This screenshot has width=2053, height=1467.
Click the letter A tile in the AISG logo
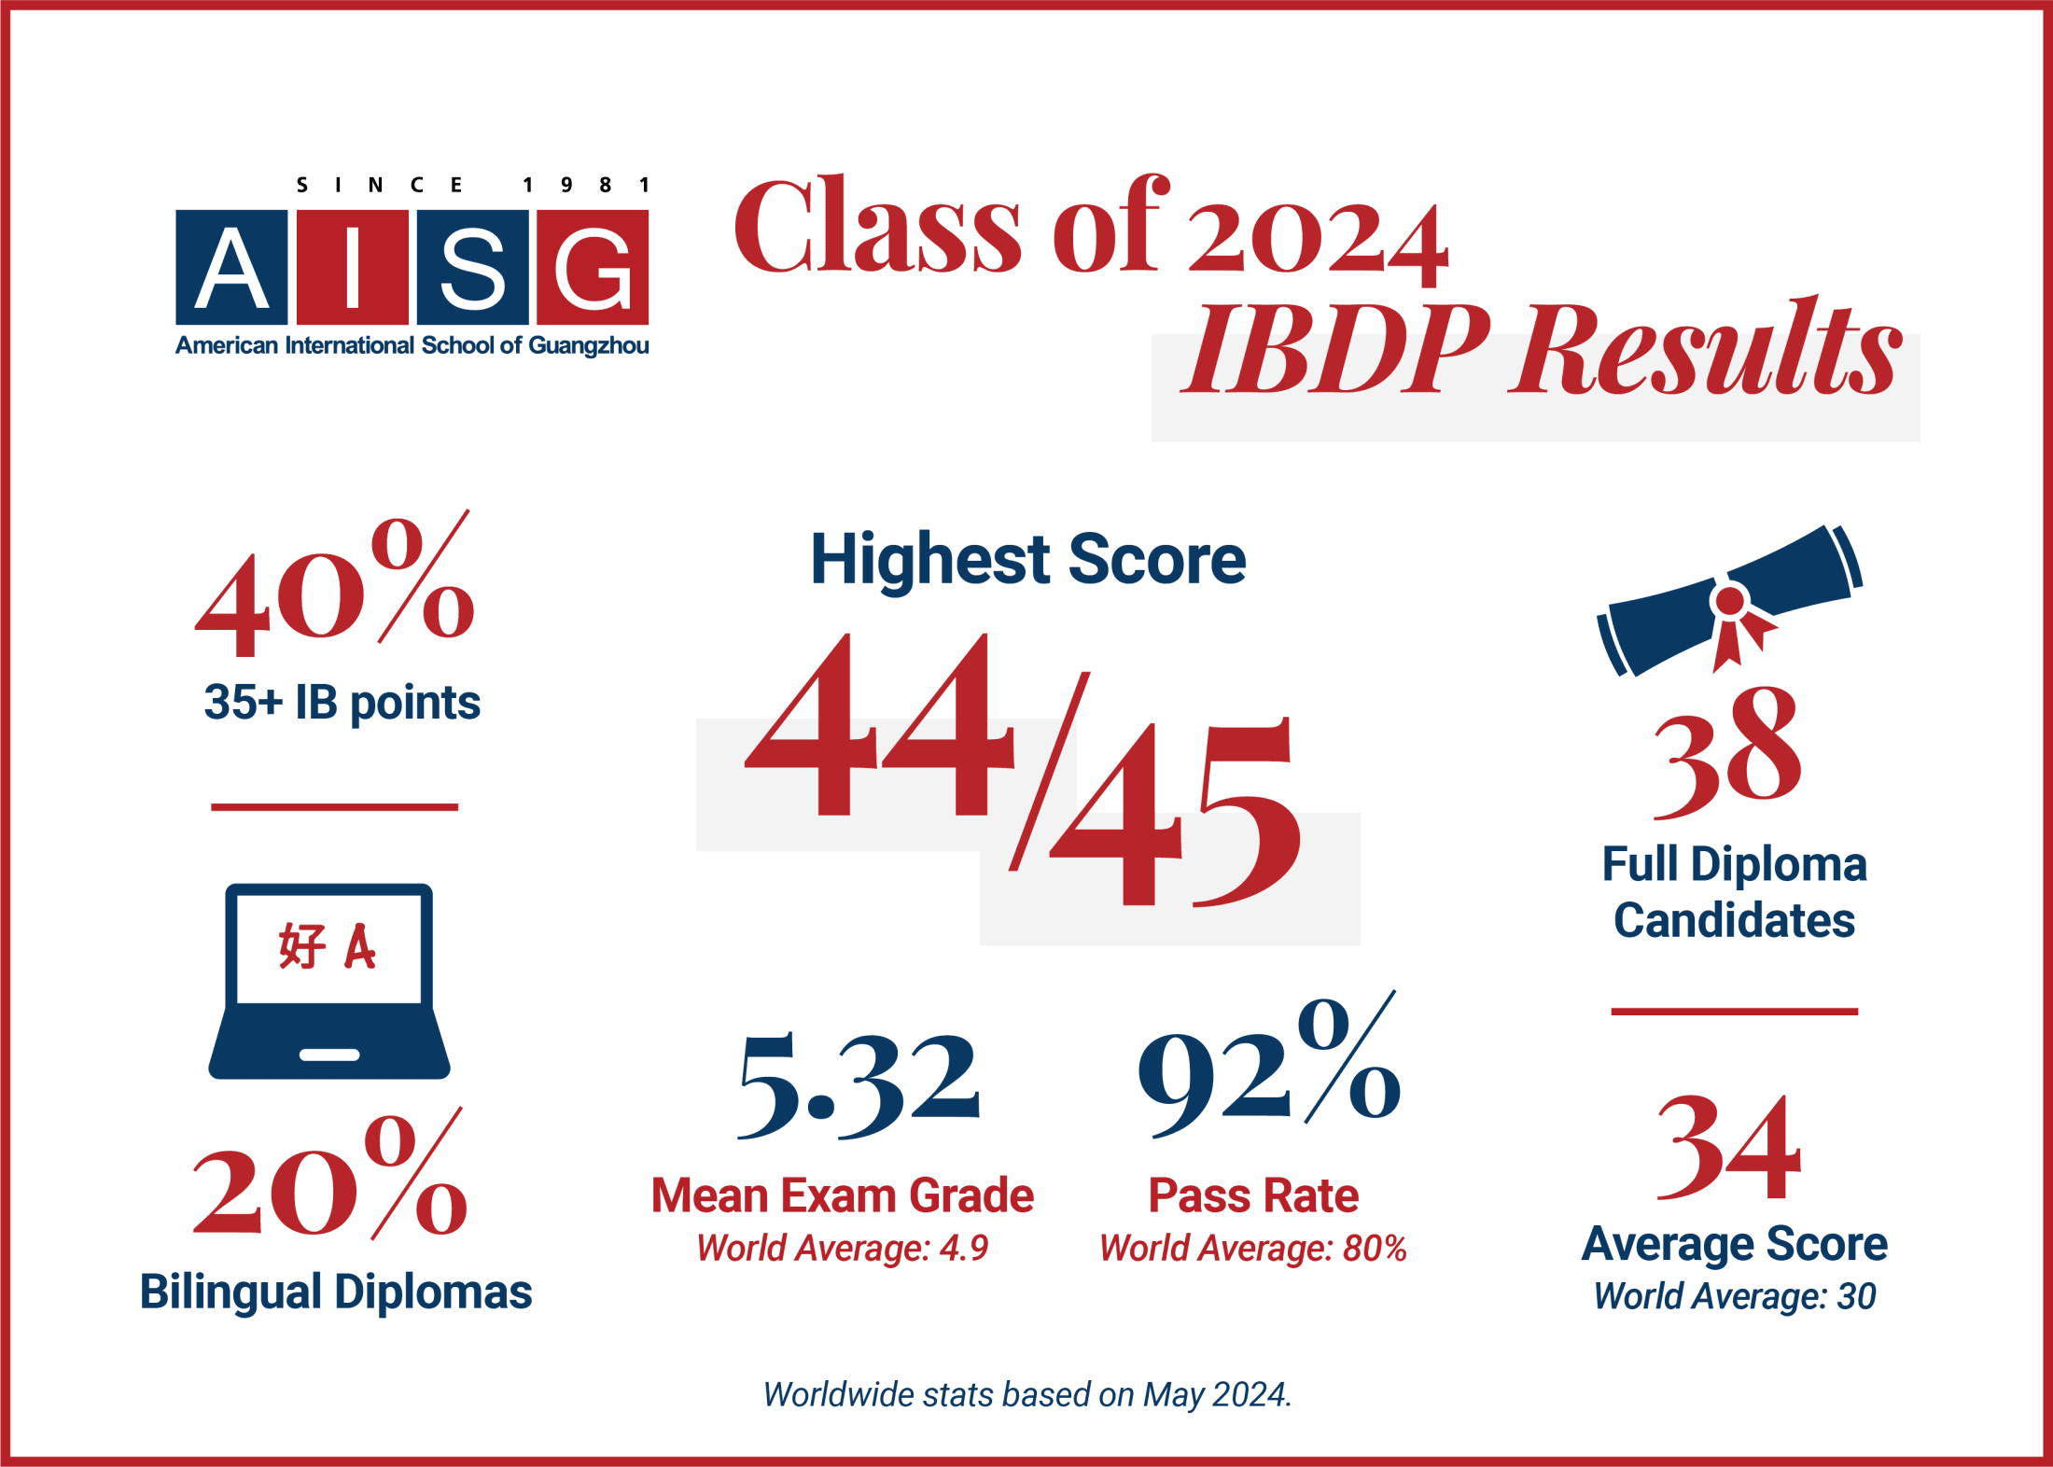coord(231,267)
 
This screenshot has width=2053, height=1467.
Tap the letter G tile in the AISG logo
coord(593,267)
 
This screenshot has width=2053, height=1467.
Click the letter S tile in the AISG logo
coord(472,267)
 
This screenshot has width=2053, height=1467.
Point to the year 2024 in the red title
coord(1318,243)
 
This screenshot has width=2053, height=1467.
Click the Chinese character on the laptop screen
coord(301,946)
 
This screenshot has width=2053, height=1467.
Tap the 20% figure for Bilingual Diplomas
coord(328,1175)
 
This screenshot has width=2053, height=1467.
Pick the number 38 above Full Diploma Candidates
coord(1727,752)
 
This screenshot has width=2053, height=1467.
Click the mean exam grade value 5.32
coord(859,1086)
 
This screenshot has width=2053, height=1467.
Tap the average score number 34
coord(1728,1148)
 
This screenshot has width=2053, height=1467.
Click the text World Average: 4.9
coord(842,1248)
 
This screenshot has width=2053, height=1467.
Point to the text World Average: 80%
coord(1253,1248)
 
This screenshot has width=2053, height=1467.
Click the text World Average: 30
coord(1735,1296)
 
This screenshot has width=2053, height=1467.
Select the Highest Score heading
coord(1028,560)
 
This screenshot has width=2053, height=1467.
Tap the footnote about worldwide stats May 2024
coord(1027,1394)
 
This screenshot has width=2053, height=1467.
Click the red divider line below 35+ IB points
coord(334,807)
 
